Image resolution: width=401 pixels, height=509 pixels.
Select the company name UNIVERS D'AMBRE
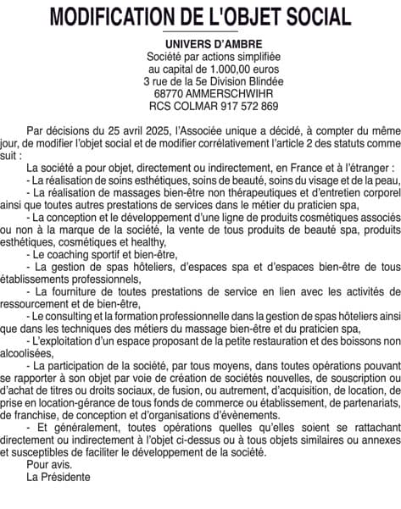201,43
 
